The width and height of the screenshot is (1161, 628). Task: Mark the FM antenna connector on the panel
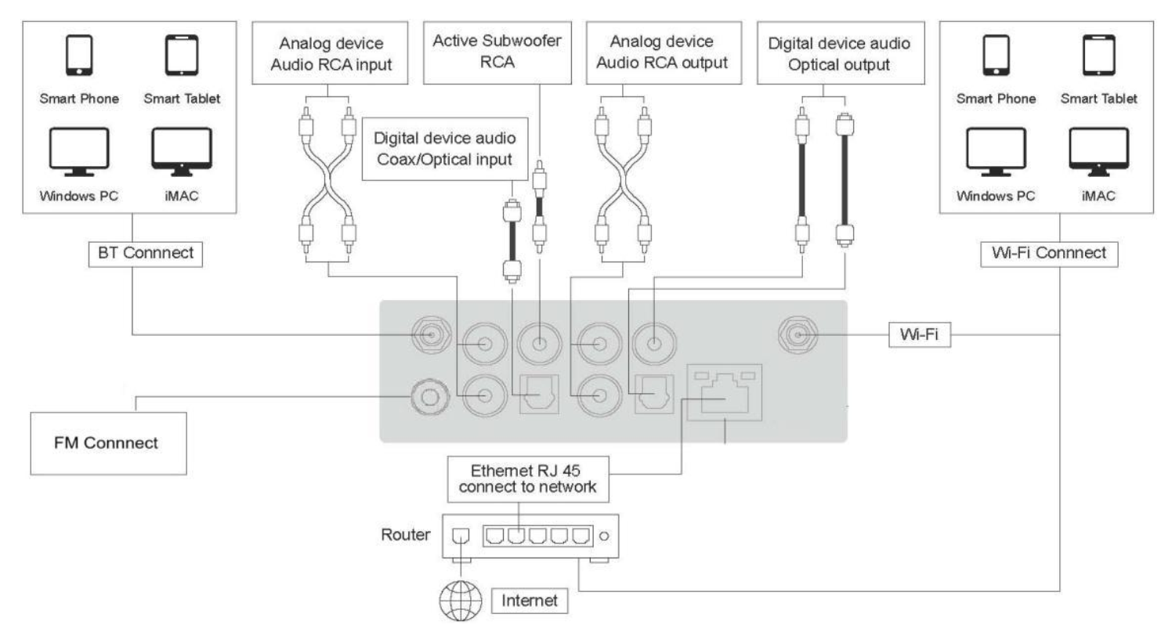[x=429, y=397]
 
